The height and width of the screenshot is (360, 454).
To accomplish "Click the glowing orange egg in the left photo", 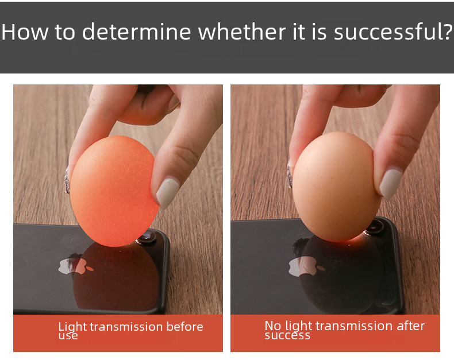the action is coord(114,191).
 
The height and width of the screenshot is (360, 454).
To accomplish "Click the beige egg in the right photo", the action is coord(337,187).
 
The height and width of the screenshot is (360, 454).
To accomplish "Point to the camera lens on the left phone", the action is coord(148,237).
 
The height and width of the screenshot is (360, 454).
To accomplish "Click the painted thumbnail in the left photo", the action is coord(168,193).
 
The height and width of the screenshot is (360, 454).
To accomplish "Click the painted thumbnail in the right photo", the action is coord(391,184).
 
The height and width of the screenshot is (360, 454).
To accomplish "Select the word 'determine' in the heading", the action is coord(136,32).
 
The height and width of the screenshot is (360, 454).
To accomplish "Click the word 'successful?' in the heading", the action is coord(393,32).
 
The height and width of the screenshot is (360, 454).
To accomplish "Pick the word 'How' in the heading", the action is coord(25,32).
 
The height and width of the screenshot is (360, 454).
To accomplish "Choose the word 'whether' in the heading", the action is coord(242,32).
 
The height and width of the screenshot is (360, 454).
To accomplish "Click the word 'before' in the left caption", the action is coord(184,327).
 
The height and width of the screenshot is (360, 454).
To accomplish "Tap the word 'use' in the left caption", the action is coord(68,336).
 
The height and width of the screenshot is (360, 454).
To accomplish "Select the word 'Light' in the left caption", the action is coord(72,327).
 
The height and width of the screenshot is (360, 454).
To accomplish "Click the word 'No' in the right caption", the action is coord(273,326).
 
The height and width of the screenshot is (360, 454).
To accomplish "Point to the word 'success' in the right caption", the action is coord(287,335).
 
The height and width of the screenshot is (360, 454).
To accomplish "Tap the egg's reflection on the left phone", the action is coord(116,278).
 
